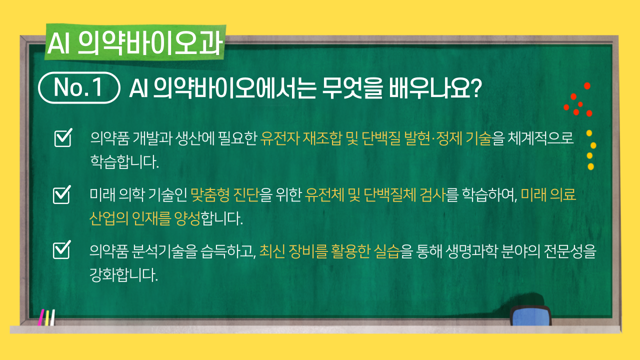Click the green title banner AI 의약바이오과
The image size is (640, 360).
click(x=135, y=42)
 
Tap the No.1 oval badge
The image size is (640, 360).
click(x=79, y=87)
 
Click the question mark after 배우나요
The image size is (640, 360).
click(x=475, y=87)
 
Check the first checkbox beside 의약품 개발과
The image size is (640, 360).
click(x=63, y=137)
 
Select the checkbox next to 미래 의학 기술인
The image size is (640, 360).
click(x=62, y=194)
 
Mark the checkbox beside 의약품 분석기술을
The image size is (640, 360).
click(x=62, y=249)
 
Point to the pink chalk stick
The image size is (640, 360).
click(x=41, y=317)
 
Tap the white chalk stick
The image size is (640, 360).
click(x=52, y=317)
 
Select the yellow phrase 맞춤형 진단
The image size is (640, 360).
click(x=225, y=195)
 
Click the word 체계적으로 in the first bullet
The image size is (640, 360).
click(x=540, y=138)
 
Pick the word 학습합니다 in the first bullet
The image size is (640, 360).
click(x=124, y=161)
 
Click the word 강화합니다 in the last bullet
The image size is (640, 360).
click(x=123, y=275)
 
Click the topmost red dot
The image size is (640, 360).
click(x=587, y=85)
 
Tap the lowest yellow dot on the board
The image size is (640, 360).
click(x=591, y=166)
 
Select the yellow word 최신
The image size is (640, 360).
click(x=272, y=251)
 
